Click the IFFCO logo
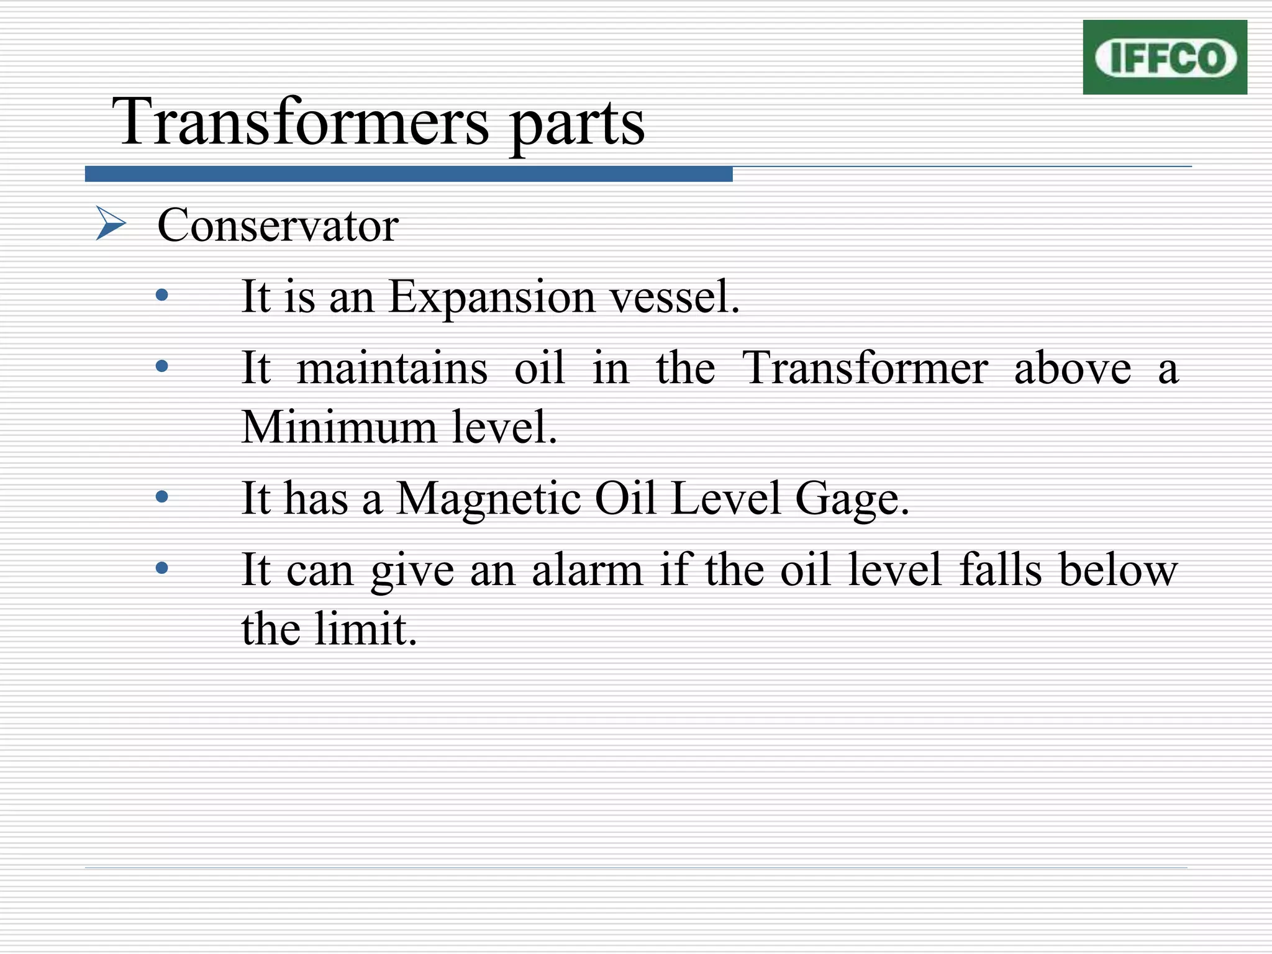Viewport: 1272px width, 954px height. coord(1165,57)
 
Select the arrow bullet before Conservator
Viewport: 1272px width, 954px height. coord(111,224)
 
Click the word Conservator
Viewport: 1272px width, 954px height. coord(278,225)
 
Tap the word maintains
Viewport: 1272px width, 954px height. coord(392,368)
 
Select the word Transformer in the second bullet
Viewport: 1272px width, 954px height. coord(865,368)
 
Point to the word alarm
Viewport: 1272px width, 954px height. coord(587,570)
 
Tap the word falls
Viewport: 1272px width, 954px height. coord(1000,570)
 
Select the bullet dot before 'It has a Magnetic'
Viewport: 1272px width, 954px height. coord(162,497)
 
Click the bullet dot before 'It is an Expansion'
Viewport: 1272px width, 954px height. coord(162,295)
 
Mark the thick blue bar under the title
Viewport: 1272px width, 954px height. coord(409,174)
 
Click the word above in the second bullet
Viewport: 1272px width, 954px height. coord(1073,368)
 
